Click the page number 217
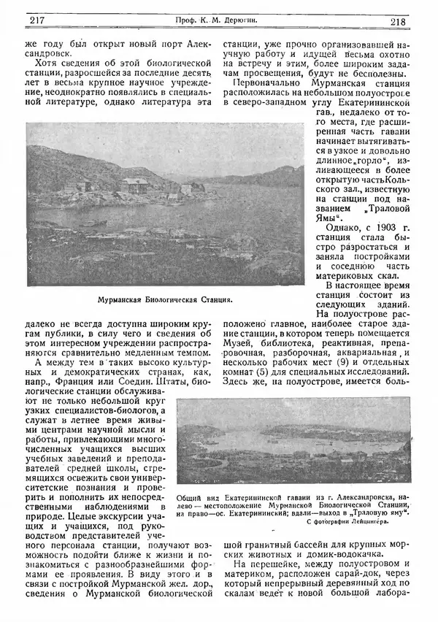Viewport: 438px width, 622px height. (34, 22)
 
